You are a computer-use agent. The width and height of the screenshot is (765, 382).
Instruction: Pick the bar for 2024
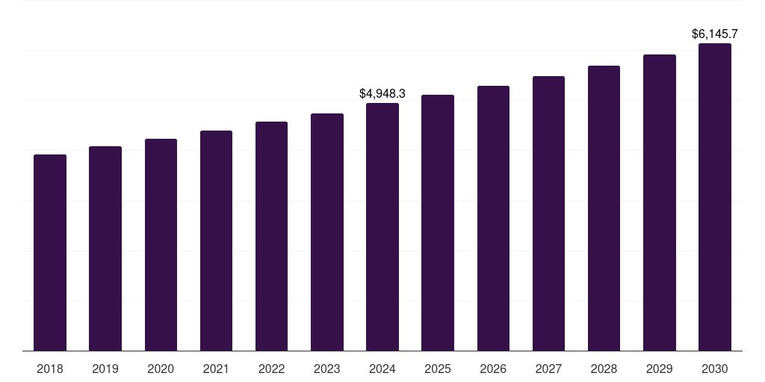click(x=382, y=227)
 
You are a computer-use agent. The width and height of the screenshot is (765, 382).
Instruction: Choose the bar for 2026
click(x=493, y=218)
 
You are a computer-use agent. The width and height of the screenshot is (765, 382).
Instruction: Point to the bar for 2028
click(x=604, y=208)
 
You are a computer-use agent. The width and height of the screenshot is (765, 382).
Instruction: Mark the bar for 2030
click(x=715, y=197)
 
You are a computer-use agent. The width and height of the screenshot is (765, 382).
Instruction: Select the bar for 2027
click(x=548, y=213)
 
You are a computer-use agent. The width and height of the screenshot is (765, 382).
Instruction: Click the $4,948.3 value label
click(x=382, y=93)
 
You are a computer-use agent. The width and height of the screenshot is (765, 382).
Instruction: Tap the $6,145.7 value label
click(x=715, y=34)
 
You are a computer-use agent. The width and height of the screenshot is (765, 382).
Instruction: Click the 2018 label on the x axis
click(x=50, y=369)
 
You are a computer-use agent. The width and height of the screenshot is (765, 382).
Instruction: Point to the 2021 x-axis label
click(x=216, y=369)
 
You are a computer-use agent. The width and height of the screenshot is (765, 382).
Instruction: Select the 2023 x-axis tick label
click(x=327, y=369)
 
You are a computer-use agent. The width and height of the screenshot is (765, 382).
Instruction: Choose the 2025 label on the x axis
click(x=438, y=369)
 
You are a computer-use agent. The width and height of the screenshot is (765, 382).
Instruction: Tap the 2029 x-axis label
click(x=660, y=369)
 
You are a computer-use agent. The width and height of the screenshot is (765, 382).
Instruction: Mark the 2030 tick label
click(x=715, y=369)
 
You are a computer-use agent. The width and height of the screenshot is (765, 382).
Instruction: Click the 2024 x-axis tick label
click(x=382, y=369)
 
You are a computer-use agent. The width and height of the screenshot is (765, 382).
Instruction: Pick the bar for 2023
click(x=327, y=232)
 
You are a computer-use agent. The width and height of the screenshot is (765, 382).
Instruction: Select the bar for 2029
click(x=660, y=202)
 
